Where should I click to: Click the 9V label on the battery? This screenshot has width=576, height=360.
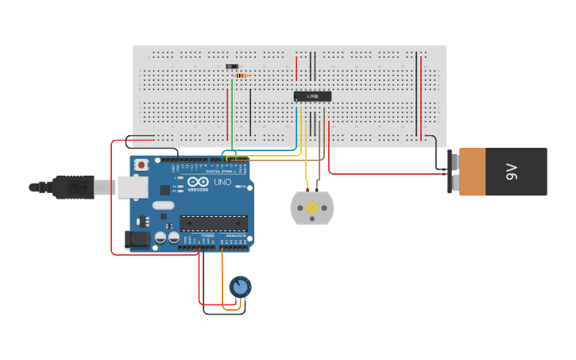512,172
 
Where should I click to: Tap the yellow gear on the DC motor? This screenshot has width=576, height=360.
312,208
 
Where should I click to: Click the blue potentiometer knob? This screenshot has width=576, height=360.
240,286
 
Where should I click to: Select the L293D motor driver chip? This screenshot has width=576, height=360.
312,96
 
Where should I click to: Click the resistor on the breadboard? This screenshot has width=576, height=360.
240,75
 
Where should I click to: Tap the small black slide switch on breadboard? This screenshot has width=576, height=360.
231,67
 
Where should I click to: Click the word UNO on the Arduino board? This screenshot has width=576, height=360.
222,182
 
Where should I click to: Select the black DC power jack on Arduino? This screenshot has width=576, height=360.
137,238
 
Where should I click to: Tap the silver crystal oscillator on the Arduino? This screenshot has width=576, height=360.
163,205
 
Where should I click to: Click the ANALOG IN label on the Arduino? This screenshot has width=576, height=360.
236,236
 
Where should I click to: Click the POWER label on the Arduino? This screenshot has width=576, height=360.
207,236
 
